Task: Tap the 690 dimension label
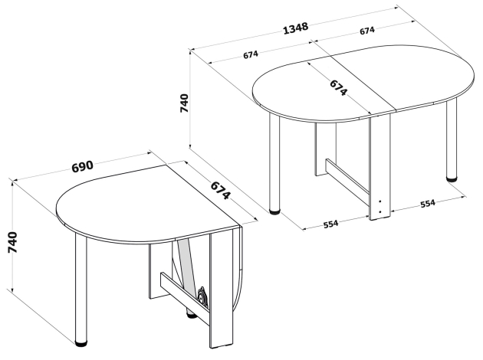point(82,166)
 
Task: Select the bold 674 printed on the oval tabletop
point(339,87)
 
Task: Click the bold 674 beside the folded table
point(220,191)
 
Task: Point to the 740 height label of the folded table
point(12,243)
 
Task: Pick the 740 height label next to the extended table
point(184,103)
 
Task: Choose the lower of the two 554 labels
point(331,224)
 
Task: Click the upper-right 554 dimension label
point(428,204)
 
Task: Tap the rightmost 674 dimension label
point(367,30)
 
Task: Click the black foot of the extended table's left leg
point(274,211)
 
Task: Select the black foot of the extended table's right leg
point(452,179)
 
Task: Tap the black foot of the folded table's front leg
point(81,344)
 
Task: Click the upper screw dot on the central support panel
point(380,201)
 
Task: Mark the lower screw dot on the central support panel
point(380,211)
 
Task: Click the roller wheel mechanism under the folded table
point(202,295)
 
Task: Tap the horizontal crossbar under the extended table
point(347,180)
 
